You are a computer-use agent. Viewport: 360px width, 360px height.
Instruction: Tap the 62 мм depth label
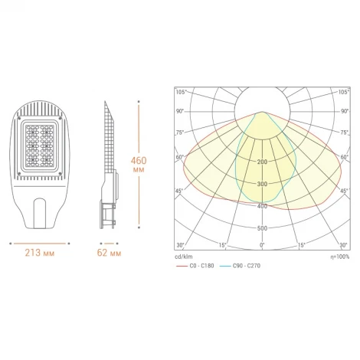110,252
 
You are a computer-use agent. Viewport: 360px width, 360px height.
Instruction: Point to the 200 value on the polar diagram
263,162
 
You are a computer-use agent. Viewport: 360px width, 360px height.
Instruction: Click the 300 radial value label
263,185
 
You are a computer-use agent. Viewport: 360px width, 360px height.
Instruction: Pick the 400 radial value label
263,207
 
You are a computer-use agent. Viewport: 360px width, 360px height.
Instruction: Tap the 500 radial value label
263,229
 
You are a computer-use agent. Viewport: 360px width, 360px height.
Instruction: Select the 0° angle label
263,245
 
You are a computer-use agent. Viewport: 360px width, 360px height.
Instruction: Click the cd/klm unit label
185,256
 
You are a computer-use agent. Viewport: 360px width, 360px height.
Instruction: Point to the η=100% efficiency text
340,256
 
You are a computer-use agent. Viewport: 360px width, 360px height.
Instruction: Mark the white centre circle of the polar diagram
263,103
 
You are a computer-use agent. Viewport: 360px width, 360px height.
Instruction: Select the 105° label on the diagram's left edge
182,92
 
